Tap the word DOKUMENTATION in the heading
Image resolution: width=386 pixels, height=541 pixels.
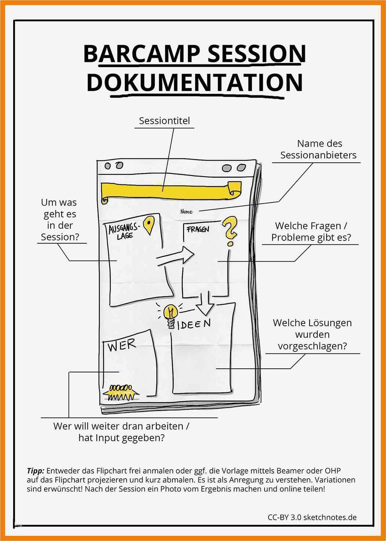[x=194, y=82]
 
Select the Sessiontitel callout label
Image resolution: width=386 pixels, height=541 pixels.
[x=164, y=121]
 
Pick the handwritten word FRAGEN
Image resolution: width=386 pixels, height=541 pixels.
[x=198, y=229]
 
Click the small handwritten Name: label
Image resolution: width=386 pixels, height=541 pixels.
[x=187, y=211]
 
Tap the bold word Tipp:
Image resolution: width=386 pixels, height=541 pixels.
[x=36, y=471]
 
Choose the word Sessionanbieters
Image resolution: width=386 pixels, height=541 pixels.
[x=318, y=155]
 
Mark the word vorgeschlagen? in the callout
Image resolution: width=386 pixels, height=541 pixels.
[x=312, y=346]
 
